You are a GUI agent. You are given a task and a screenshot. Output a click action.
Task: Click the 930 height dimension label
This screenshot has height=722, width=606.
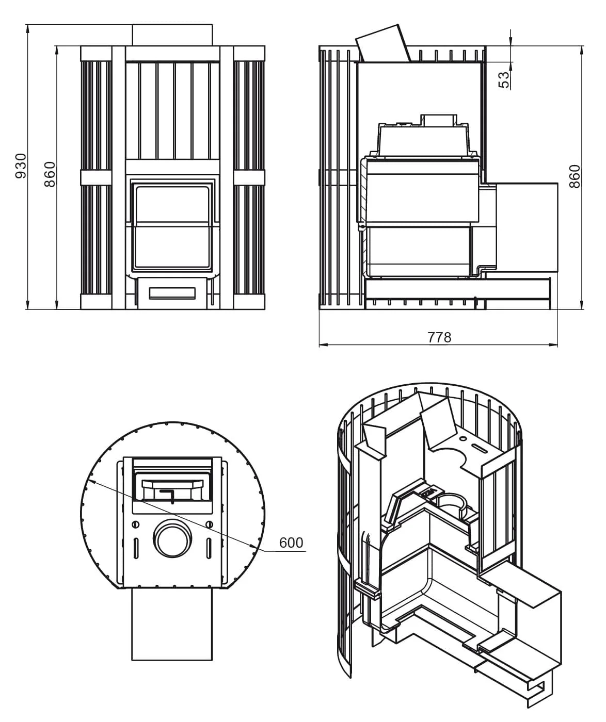click(21, 166)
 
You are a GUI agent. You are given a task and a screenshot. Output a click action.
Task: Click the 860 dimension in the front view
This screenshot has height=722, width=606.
click(50, 174)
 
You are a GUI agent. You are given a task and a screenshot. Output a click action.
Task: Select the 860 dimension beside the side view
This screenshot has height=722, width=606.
click(574, 176)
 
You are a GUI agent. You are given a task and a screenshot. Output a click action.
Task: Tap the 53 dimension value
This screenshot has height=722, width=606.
click(505, 80)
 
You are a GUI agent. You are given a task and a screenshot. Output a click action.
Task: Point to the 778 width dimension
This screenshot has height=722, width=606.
click(440, 337)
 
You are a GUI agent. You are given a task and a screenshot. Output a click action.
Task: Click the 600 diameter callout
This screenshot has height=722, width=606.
click(291, 543)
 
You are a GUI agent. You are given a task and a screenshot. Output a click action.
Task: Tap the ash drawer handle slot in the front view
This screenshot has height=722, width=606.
click(172, 293)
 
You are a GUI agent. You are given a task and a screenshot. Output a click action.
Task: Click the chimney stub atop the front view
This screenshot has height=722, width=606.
click(172, 35)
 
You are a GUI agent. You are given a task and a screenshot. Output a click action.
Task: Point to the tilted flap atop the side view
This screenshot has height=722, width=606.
click(383, 43)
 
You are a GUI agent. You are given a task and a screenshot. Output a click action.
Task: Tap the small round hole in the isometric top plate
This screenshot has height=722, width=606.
click(463, 439)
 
